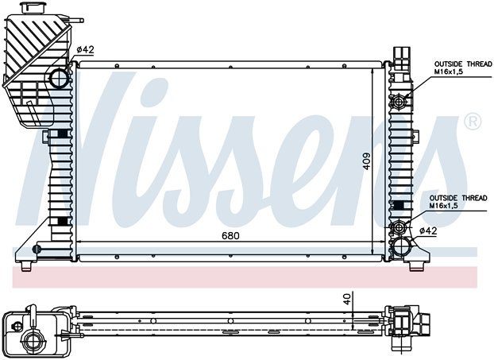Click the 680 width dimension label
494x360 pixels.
pos(230,236)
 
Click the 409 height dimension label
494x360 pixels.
pos(367,161)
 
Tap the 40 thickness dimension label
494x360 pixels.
pos(347,299)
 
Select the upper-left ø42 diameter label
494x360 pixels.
pos(86,49)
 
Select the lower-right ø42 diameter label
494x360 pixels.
pos(428,231)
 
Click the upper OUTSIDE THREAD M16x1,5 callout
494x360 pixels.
pos(463,68)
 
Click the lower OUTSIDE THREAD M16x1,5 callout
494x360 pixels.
pos(458,202)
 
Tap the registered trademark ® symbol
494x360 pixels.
pos(473,121)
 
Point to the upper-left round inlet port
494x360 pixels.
pos(60,79)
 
